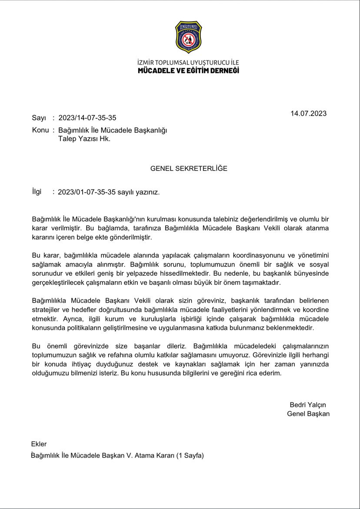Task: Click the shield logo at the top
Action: [x=188, y=37]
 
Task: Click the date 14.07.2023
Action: [x=308, y=113]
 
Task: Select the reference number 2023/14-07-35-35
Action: [x=87, y=118]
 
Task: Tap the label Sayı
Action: [x=39, y=118]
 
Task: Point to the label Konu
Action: [x=40, y=130]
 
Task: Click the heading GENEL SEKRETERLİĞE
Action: [x=189, y=168]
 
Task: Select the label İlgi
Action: [x=37, y=192]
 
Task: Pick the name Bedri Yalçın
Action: [x=307, y=404]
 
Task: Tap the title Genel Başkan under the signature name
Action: [x=308, y=414]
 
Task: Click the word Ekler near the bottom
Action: [x=39, y=444]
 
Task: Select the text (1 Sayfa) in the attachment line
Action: [x=190, y=456]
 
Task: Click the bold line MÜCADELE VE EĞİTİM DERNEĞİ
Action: [x=188, y=70]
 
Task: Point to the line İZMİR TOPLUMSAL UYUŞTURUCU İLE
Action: [x=188, y=63]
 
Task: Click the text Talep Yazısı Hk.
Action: [x=84, y=139]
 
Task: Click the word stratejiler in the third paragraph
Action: [x=47, y=309]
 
